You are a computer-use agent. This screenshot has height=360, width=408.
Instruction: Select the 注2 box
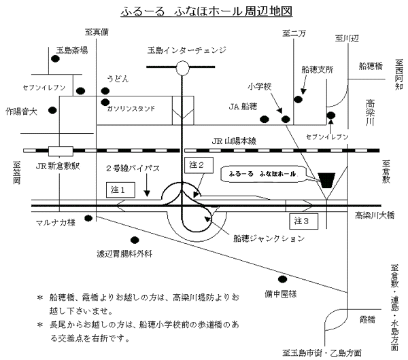(195, 164)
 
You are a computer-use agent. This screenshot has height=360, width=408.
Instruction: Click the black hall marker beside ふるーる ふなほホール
(326, 179)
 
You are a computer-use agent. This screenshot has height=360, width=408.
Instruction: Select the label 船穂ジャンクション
(268, 238)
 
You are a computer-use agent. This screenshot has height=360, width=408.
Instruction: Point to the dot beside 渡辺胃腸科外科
(135, 239)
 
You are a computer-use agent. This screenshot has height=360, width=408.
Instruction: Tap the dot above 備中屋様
(282, 278)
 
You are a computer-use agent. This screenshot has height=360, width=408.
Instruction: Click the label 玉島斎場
(72, 49)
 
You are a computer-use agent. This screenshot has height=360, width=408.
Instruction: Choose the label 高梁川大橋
(374, 215)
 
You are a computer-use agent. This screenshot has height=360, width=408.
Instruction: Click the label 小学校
(260, 86)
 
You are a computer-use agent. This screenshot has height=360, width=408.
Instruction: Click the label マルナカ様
(56, 222)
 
